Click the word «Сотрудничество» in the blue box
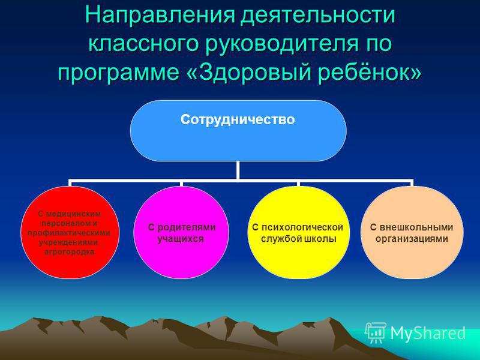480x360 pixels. (x=238, y=119)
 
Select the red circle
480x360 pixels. (x=70, y=232)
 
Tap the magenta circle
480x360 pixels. (x=181, y=232)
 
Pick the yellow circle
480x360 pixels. (x=298, y=232)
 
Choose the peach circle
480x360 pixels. (x=412, y=232)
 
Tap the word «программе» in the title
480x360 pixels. (x=119, y=73)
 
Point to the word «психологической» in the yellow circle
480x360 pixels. (x=302, y=227)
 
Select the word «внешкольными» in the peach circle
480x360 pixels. (x=416, y=227)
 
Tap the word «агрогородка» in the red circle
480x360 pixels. (x=70, y=252)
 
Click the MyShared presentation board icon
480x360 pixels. (x=376, y=332)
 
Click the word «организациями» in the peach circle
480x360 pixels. (x=412, y=239)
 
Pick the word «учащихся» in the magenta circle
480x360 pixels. (x=181, y=239)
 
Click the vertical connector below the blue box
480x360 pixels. (x=238, y=170)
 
